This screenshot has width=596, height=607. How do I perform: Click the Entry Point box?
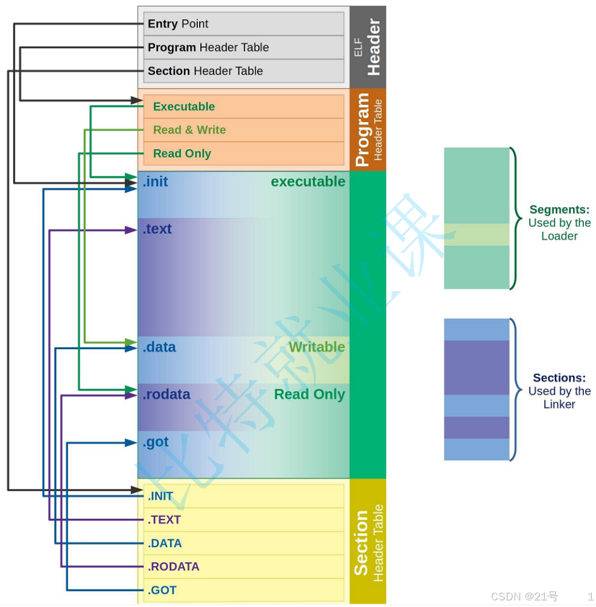pyautogui.click(x=243, y=24)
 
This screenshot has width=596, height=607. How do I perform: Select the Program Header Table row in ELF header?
pyautogui.click(x=243, y=48)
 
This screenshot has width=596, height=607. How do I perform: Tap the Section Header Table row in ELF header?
pyautogui.click(x=243, y=71)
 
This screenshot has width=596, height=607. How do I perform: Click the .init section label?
pyautogui.click(x=156, y=182)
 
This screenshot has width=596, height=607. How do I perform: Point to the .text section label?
pyautogui.click(x=157, y=230)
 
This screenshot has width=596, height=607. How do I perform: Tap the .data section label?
pyautogui.click(x=159, y=347)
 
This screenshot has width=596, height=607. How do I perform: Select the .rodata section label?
pyautogui.click(x=166, y=394)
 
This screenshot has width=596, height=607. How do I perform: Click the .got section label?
pyautogui.click(x=156, y=442)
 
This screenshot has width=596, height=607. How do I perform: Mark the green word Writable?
pyautogui.click(x=317, y=347)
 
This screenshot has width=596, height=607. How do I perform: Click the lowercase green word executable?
pyautogui.click(x=308, y=182)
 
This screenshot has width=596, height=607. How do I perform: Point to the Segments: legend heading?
pyautogui.click(x=559, y=210)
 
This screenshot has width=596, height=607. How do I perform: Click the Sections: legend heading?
pyautogui.click(x=559, y=378)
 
